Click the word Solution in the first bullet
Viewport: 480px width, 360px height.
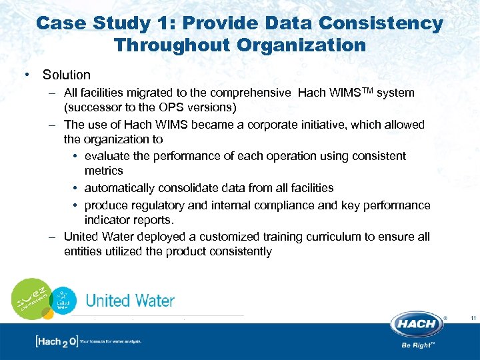pos(66,75)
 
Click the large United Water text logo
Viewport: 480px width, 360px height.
pos(130,301)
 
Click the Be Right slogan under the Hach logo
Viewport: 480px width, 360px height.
pos(418,345)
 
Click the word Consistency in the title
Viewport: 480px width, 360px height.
pos(381,23)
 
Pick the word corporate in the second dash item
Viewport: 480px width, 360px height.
pos(273,125)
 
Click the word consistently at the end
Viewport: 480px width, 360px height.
pos(239,251)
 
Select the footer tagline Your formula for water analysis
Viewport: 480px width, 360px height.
pos(110,341)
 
